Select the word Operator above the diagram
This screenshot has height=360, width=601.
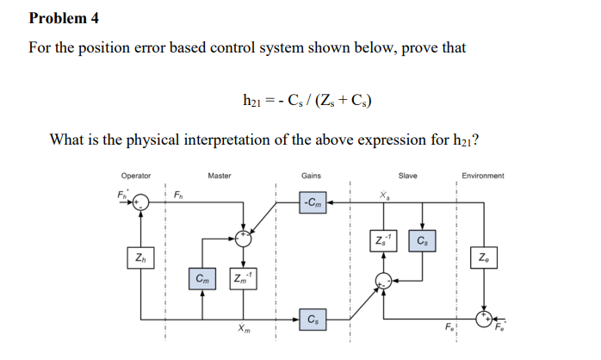135,176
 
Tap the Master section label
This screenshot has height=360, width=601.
219,176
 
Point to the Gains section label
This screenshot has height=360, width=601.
312,176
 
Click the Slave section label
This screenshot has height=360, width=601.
407,176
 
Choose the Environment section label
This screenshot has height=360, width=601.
483,176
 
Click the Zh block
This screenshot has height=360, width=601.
139,257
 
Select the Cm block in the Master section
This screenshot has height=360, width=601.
201,278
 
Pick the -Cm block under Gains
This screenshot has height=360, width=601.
313,203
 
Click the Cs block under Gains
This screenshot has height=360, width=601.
313,320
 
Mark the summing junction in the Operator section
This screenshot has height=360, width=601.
140,204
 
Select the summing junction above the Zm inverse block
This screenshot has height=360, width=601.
243,237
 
